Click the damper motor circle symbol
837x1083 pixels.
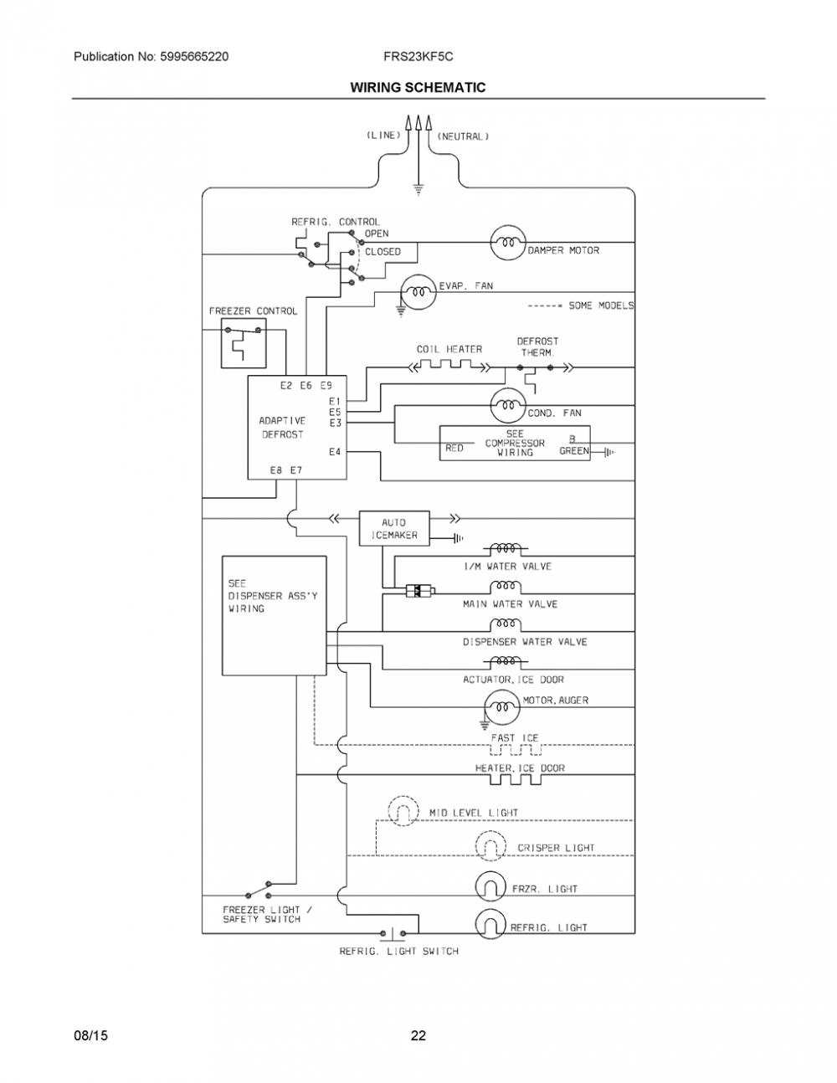pos(508,242)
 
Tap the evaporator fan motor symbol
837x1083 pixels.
pos(418,292)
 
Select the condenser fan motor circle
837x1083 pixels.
pos(508,405)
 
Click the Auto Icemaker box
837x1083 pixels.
pos(394,528)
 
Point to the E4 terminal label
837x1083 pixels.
pos(335,452)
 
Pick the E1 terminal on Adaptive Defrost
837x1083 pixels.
pos(335,401)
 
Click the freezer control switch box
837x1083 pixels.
pos(244,343)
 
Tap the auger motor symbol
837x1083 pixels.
pos(502,706)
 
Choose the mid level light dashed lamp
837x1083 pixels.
pos(403,811)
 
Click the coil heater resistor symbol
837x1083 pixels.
pos(449,365)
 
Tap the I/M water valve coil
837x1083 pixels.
pos(506,549)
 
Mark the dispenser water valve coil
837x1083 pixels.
pos(506,624)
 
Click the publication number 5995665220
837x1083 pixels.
pos(194,56)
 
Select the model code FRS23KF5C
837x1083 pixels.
pos(418,56)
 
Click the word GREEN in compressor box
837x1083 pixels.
pos(574,450)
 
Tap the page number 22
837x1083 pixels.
pos(418,1035)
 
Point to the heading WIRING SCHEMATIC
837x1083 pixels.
pos(418,87)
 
